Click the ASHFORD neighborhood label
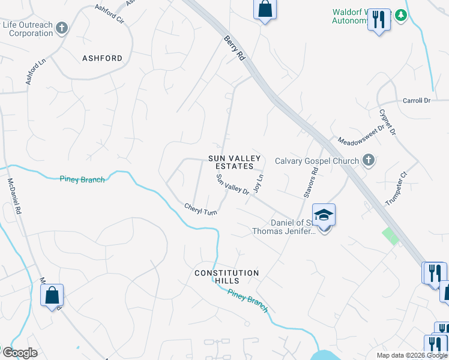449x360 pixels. point(102,59)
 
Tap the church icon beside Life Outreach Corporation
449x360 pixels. point(62,28)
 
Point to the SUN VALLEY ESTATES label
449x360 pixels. point(235,162)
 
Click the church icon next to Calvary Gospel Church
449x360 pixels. point(369,160)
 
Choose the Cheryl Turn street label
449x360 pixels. point(200,209)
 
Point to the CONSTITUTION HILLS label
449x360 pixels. point(226,277)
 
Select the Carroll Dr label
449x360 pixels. point(417,101)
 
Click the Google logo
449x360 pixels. point(20,353)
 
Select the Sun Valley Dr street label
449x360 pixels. point(232,184)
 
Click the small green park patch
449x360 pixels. point(391,236)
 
